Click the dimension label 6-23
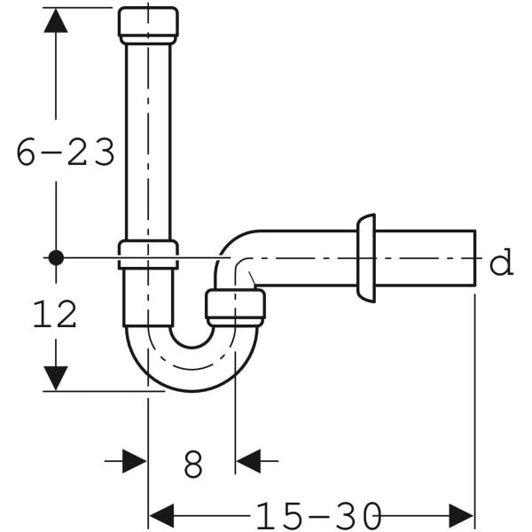point(66,153)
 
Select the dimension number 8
point(192,463)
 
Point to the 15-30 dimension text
point(320,515)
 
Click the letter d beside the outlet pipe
point(502,263)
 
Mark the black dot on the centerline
point(56,258)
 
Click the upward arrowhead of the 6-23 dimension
point(56,21)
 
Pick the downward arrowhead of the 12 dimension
point(56,376)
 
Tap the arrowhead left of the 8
point(134,461)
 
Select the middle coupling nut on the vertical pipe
point(147,254)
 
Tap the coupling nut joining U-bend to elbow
point(235,307)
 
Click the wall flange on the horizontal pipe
point(365,258)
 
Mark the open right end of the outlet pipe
point(474,258)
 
